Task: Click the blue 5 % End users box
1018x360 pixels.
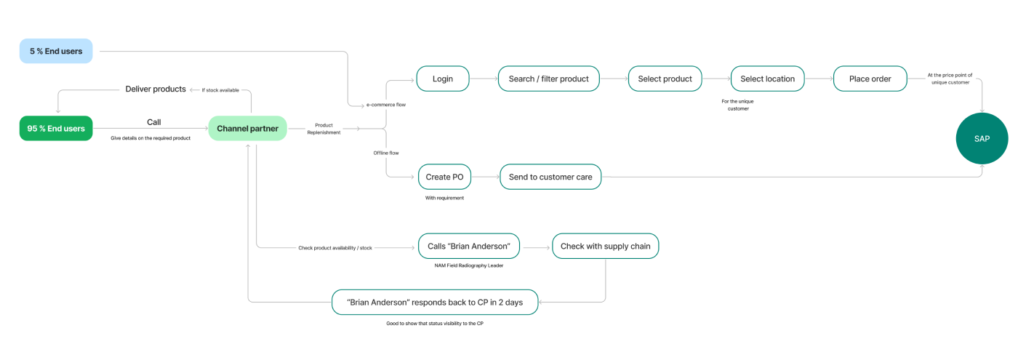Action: pyautogui.click(x=56, y=51)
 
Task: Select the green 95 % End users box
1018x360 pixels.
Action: pyautogui.click(x=56, y=128)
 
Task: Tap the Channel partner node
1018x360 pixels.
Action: pyautogui.click(x=248, y=128)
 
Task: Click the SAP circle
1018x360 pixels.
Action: pyautogui.click(x=982, y=138)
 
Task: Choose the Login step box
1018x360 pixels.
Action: pyautogui.click(x=443, y=79)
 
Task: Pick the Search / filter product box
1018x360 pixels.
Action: pyautogui.click(x=548, y=79)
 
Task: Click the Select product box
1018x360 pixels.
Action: pyautogui.click(x=665, y=79)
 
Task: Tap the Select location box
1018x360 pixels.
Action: pyautogui.click(x=768, y=79)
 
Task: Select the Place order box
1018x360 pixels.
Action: pyautogui.click(x=870, y=79)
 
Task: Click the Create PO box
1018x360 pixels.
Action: pyautogui.click(x=444, y=177)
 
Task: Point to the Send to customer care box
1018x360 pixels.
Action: pyautogui.click(x=550, y=177)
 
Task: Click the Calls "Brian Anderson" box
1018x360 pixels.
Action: pyautogui.click(x=468, y=246)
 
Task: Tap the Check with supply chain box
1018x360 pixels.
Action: pyautogui.click(x=605, y=246)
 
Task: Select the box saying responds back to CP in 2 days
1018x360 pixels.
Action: pyautogui.click(x=435, y=303)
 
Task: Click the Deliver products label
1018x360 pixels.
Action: pyautogui.click(x=156, y=89)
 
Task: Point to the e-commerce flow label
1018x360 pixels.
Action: pyautogui.click(x=386, y=105)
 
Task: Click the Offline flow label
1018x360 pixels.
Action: pyautogui.click(x=386, y=153)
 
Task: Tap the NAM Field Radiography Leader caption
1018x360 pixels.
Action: pyautogui.click(x=468, y=265)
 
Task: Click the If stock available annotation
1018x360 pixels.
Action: pyautogui.click(x=220, y=90)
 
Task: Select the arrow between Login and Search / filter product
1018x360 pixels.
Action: pyautogui.click(x=484, y=79)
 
